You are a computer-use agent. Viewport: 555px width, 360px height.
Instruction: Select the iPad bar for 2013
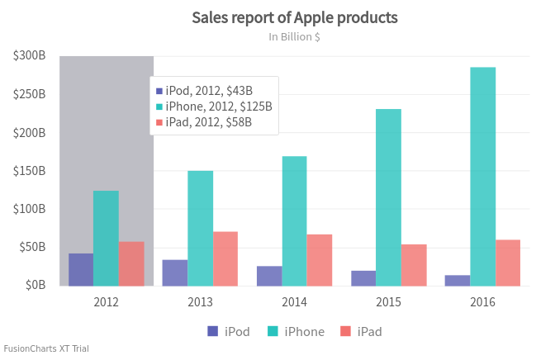coord(225,258)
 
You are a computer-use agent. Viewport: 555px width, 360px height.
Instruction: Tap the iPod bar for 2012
coord(81,269)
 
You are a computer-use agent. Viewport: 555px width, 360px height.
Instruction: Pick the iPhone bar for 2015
coord(388,197)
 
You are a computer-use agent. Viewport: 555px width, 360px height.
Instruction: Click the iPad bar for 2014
coord(319,260)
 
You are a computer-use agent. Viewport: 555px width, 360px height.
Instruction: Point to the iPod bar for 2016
coord(458,280)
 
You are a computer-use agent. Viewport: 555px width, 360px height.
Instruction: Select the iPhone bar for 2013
coord(200,228)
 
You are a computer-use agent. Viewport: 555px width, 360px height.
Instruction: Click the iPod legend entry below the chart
coord(228,331)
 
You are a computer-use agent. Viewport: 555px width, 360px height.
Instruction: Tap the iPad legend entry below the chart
coord(361,331)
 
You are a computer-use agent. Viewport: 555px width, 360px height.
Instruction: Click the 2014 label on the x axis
coord(294,302)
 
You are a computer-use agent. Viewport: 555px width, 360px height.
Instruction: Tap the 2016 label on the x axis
coord(482,302)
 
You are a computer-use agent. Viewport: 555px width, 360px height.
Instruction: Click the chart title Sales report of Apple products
coord(294,17)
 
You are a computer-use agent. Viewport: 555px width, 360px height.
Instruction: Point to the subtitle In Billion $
coord(294,37)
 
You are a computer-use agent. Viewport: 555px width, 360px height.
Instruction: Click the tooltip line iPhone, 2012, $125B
coord(218,107)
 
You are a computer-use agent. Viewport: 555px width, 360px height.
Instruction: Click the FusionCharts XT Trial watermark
coord(46,348)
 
